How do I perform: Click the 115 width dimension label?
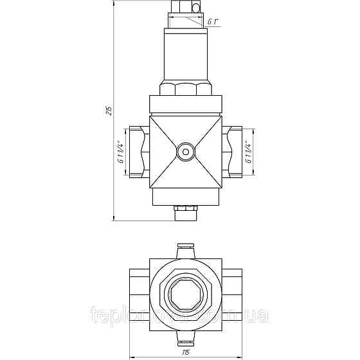point(186,351)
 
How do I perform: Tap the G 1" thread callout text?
point(212,23)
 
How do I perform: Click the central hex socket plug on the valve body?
point(185,152)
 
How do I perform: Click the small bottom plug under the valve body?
point(185,211)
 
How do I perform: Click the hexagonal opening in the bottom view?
point(185,294)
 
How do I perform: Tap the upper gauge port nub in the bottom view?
point(185,249)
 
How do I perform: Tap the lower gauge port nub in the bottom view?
point(185,338)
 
